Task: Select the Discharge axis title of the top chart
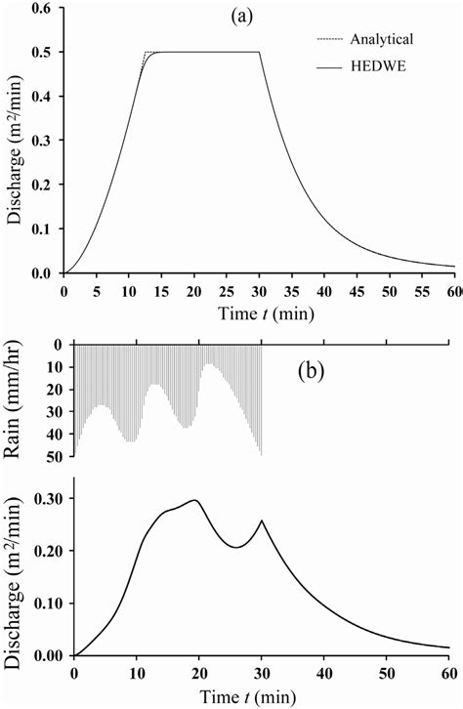15,142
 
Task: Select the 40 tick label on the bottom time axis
324,674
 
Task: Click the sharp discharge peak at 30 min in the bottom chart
262,521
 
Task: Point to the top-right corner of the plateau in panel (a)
260,52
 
